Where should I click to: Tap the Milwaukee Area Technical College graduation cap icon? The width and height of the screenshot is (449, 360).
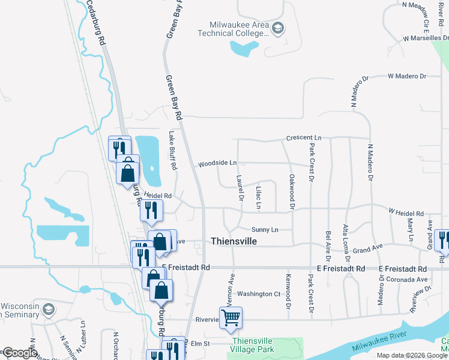tap(279, 28)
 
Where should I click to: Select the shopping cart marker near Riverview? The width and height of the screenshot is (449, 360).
tap(231, 318)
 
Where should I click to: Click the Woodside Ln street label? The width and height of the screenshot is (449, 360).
tap(217, 163)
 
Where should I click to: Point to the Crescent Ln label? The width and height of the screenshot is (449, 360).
tap(304, 138)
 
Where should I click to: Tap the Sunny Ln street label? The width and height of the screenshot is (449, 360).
tap(265, 230)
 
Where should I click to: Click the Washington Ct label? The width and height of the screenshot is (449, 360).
tap(259, 294)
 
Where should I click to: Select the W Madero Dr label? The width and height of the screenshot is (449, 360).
tap(406, 76)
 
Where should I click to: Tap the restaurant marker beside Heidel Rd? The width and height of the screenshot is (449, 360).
tap(151, 210)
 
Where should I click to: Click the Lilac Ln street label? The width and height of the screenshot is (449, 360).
tap(259, 196)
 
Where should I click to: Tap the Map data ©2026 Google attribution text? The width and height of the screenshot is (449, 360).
tap(412, 355)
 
